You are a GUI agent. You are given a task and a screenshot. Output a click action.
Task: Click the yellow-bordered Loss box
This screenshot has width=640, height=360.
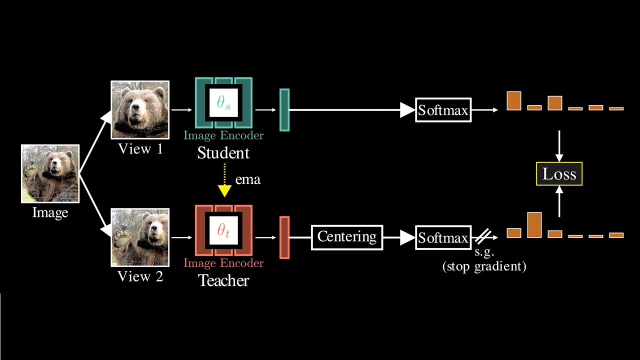[x=559, y=174]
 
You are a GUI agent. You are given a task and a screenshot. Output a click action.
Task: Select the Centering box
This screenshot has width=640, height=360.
[x=347, y=237]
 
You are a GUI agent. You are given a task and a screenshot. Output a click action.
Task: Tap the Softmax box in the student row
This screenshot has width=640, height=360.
[x=443, y=110]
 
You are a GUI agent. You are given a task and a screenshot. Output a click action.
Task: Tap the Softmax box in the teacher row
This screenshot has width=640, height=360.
[x=443, y=237]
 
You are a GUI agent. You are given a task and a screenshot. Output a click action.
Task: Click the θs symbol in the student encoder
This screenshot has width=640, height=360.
[x=223, y=103]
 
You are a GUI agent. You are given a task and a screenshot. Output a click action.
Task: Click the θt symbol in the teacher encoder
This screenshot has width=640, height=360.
[x=223, y=230]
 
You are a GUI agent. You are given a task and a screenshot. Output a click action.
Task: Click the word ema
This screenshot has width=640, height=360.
[x=248, y=179]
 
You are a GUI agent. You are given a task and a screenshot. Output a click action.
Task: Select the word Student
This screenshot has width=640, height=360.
[x=223, y=153]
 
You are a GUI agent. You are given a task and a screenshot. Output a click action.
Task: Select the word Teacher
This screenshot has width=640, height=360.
[x=223, y=280]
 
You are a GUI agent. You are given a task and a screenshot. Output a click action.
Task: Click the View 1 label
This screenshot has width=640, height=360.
[x=140, y=148]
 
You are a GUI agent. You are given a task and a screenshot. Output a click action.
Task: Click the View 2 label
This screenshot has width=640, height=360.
[x=140, y=276]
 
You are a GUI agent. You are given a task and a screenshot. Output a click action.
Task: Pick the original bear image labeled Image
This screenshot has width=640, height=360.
[x=50, y=173]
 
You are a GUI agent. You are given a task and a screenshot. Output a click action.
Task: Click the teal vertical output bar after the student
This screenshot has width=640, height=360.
[x=284, y=110]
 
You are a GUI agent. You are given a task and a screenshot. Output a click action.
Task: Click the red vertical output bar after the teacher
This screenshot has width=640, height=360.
[x=284, y=237]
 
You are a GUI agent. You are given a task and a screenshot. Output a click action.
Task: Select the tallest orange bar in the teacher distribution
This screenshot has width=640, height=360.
[x=534, y=225]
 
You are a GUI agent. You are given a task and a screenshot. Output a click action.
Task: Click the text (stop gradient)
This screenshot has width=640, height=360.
[x=484, y=266]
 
